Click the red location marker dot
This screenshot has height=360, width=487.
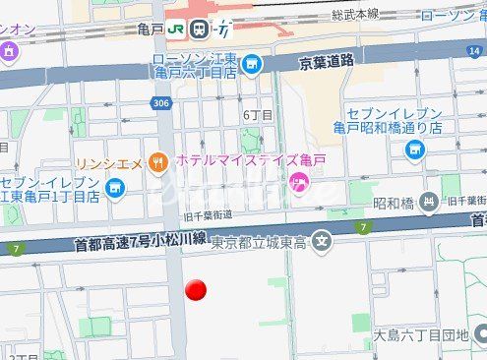pos(196,290)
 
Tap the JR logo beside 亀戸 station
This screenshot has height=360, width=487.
pos(178,30)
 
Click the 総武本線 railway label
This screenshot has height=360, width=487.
pos(355,15)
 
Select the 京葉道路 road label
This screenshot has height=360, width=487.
pos(326,60)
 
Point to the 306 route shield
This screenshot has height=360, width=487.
pos(159,102)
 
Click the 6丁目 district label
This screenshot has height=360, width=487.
pos(258,115)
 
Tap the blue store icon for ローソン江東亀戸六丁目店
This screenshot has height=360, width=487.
pos(252,66)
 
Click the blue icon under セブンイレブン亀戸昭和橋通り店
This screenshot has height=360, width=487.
pos(413,149)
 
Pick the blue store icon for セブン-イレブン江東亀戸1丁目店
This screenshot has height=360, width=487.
pos(115,187)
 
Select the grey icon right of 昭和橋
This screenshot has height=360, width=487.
pos(428,204)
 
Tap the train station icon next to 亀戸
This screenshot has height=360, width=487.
pos(201,30)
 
